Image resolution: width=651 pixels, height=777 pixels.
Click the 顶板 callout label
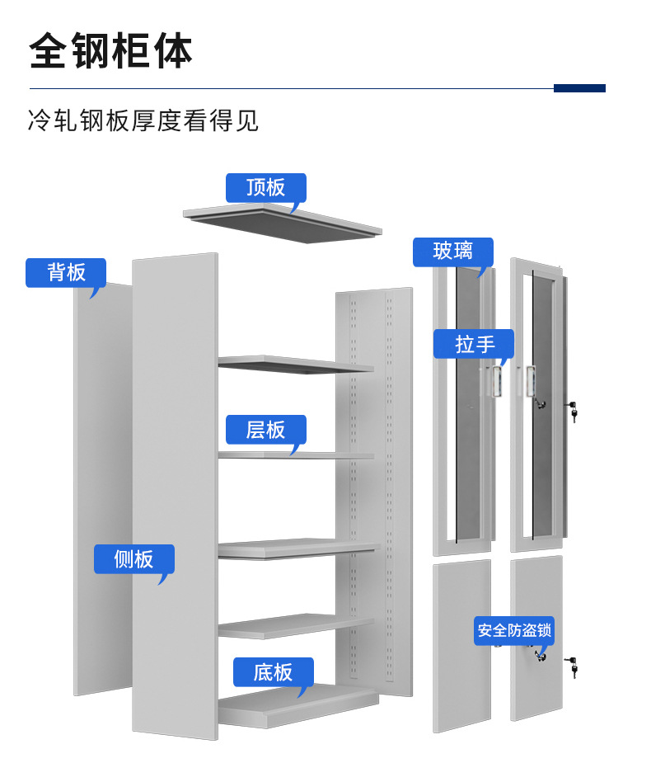(265, 187)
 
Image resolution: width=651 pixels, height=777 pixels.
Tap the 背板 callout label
(66, 272)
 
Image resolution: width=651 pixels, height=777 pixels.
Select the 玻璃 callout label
(452, 252)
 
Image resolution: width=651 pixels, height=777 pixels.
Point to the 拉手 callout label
(474, 343)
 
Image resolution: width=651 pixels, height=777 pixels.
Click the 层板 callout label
(265, 429)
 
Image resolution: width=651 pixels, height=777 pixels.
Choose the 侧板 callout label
(133, 559)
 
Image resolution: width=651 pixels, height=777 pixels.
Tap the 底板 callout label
(273, 672)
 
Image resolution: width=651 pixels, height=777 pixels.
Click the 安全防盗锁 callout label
(513, 631)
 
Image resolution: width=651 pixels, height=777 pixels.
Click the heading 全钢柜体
(110, 51)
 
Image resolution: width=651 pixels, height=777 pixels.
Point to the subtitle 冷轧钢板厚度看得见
(143, 120)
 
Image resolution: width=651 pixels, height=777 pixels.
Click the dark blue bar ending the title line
(579, 88)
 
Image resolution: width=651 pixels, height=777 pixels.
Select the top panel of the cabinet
(283, 223)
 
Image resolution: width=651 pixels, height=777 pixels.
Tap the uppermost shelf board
(295, 364)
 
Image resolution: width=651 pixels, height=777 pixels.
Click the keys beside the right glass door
(572, 410)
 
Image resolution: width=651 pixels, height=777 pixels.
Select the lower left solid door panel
(461, 643)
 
